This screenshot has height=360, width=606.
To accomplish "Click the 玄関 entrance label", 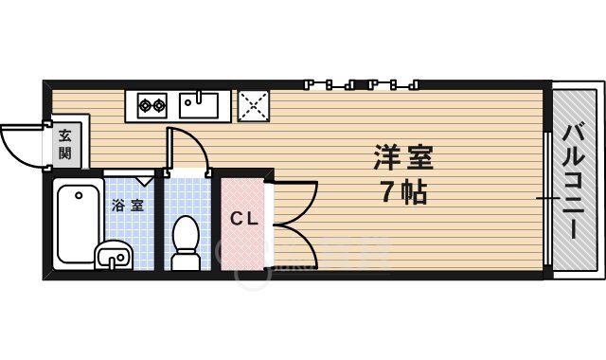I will coord(64,143).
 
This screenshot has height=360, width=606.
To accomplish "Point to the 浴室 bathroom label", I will coord(128,205).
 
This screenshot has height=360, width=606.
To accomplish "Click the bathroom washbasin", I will coord(115,255).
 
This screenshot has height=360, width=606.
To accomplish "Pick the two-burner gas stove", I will coord(151,104).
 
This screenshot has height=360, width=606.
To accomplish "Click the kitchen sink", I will coord(201,104).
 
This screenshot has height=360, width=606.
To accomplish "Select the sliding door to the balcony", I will coord(548,198).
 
